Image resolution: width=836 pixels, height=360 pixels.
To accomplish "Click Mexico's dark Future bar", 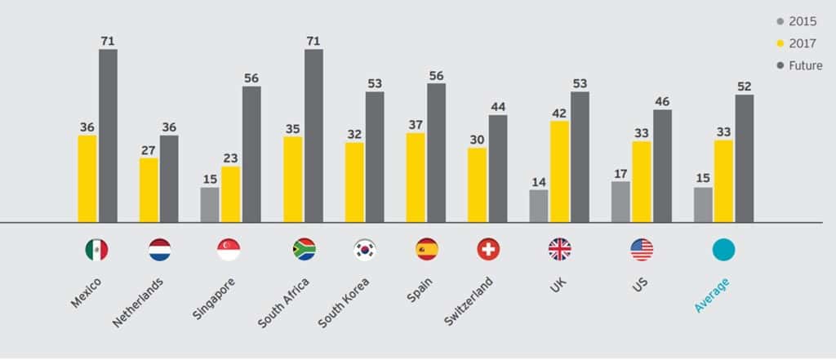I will [x=108, y=136].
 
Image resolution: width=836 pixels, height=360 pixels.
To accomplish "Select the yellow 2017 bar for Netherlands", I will [x=149, y=189].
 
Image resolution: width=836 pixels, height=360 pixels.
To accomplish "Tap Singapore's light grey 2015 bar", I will [x=210, y=204].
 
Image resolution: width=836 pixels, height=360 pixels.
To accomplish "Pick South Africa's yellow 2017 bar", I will [x=293, y=179].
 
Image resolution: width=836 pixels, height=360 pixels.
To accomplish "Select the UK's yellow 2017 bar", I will [x=559, y=171].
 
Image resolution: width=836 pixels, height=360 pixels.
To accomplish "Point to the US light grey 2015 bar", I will [x=620, y=201].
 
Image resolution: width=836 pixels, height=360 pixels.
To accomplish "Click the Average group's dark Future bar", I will [x=744, y=158].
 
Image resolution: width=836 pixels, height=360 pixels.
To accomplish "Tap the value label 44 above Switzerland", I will [x=498, y=106].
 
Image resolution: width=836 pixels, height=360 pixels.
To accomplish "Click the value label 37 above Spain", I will [x=416, y=124].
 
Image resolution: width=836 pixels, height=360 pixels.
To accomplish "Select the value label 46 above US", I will [x=662, y=101].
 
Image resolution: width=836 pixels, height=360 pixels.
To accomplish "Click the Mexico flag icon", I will [x=96, y=250].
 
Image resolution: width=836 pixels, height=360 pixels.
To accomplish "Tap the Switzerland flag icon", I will [x=488, y=250].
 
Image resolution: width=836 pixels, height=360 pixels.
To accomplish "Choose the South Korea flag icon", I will [x=364, y=250].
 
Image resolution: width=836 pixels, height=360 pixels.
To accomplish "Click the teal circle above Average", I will [x=723, y=250].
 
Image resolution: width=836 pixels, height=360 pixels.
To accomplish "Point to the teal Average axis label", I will [x=711, y=294].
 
